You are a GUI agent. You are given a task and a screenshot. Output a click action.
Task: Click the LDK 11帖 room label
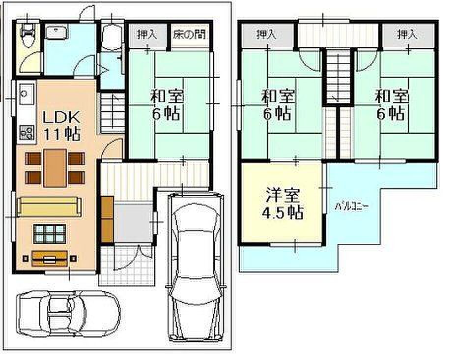[x=61, y=126]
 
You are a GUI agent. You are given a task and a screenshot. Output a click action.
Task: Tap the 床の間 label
[x=189, y=35]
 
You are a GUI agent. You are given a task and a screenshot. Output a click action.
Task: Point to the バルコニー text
[x=352, y=207]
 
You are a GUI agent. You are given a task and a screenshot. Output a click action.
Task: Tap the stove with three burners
[x=27, y=133]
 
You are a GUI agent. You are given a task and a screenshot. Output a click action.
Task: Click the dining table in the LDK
[x=55, y=168]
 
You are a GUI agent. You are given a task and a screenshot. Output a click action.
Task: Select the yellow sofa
[x=49, y=207]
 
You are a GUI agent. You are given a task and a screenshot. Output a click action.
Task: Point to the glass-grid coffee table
[x=50, y=234]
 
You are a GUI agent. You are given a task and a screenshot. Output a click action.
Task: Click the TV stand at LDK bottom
[x=50, y=259]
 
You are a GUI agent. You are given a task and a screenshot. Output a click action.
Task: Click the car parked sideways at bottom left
[x=68, y=314]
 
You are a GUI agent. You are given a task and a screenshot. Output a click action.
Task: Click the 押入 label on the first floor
[x=147, y=35]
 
